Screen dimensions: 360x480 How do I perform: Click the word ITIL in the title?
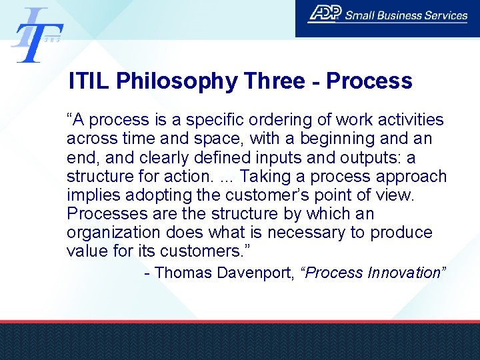pos(90,81)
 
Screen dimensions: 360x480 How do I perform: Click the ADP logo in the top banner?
pos(325,14)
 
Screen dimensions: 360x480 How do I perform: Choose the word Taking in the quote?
pos(263,177)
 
